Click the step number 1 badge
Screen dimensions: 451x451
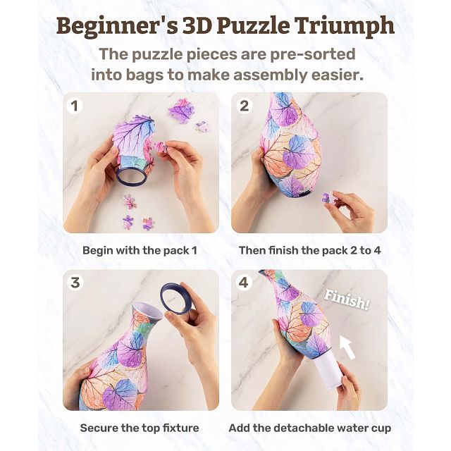click(75, 106)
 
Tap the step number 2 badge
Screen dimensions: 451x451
click(245, 106)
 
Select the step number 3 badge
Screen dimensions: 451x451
click(75, 283)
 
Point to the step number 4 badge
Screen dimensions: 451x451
click(244, 283)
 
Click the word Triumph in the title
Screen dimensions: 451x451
click(345, 26)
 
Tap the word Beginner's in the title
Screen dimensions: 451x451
click(118, 27)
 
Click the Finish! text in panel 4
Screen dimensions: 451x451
click(347, 299)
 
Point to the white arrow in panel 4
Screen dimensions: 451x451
click(347, 347)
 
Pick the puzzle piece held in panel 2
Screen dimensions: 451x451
click(328, 197)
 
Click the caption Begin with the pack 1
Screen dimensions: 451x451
click(140, 250)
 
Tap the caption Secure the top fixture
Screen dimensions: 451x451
click(140, 428)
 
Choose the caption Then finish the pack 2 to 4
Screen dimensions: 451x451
click(310, 250)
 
